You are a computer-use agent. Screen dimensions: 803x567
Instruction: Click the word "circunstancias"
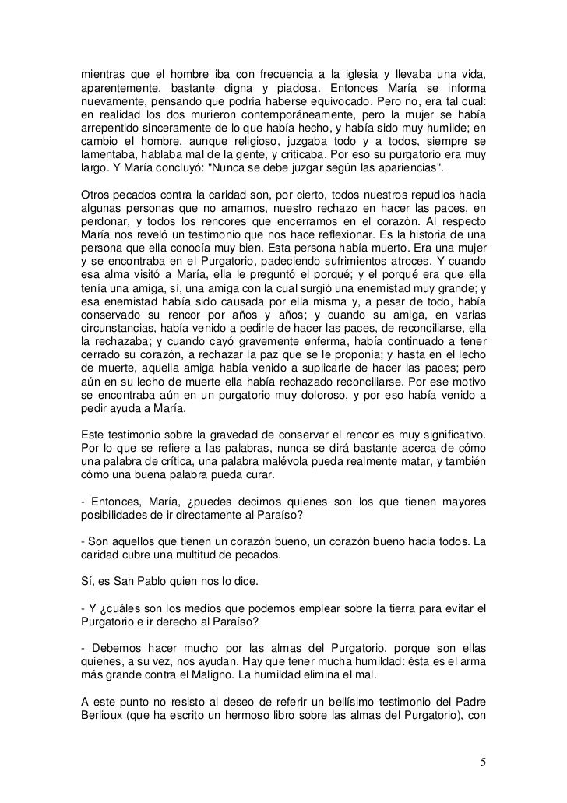tap(119, 333)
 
